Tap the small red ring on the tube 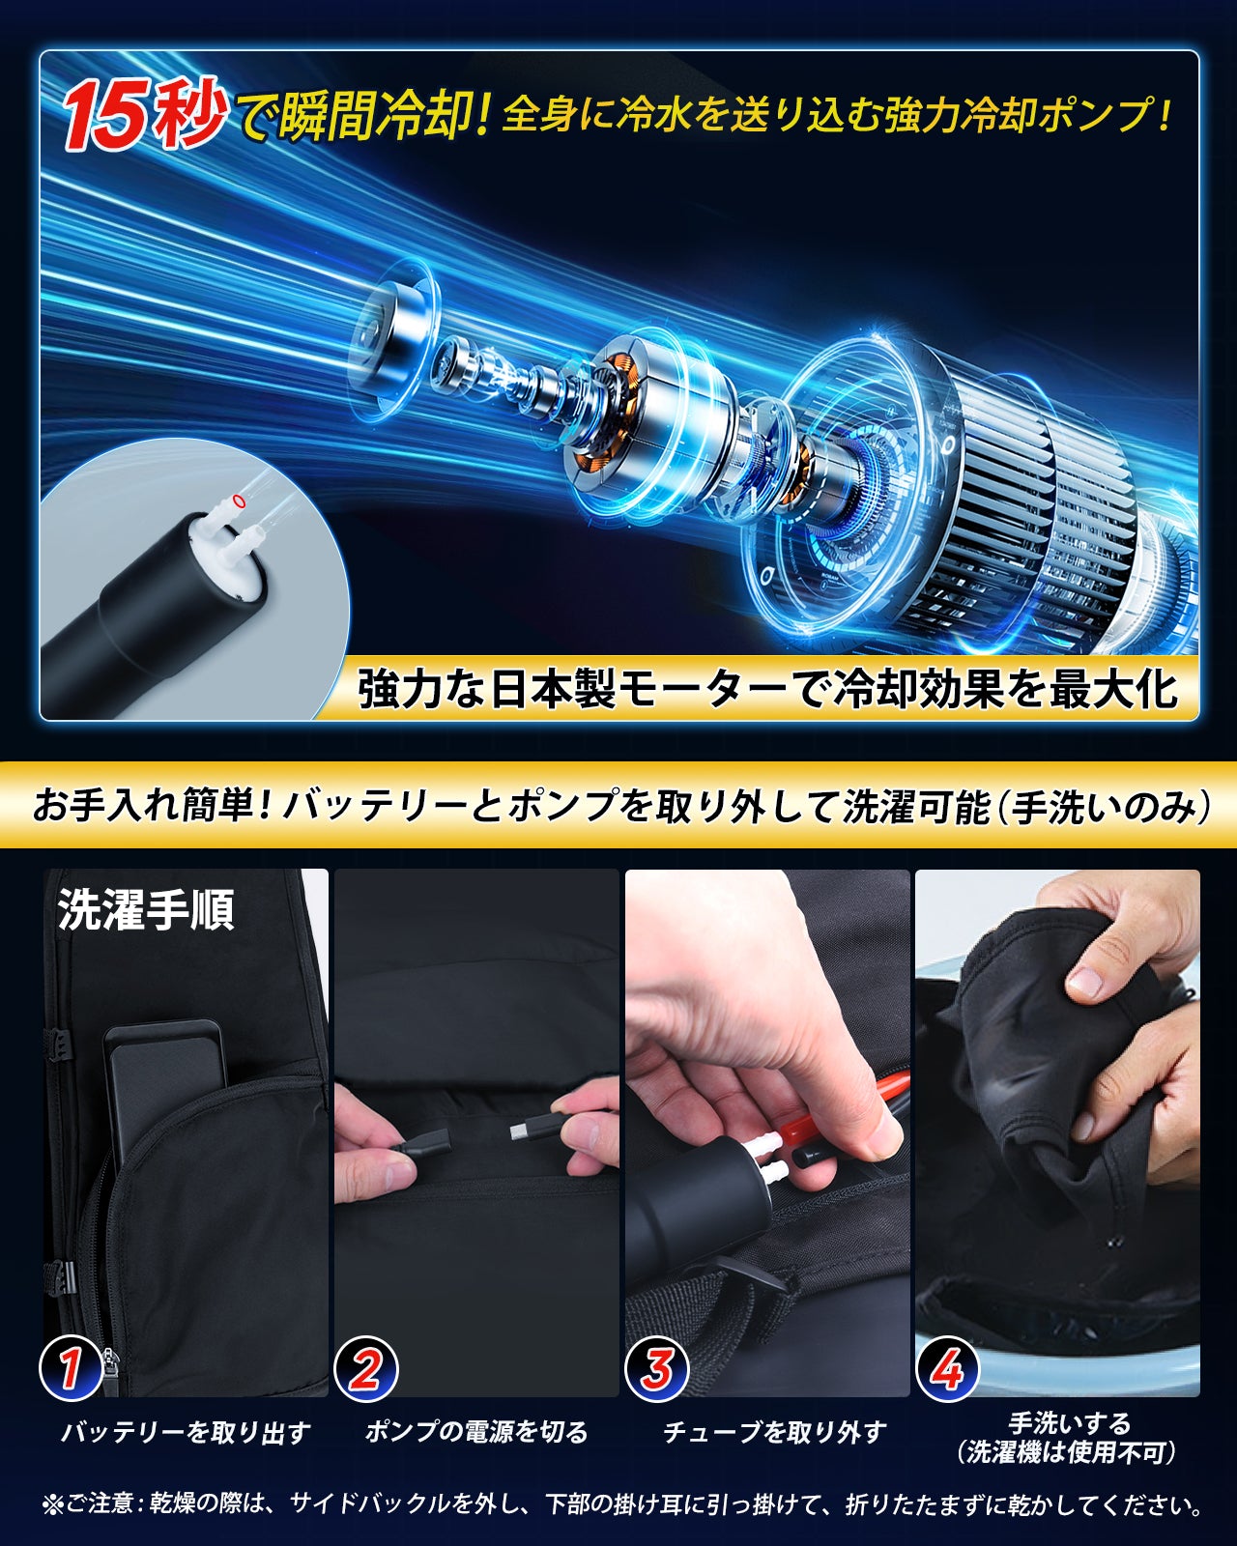(240, 501)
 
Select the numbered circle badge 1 (71, 1369)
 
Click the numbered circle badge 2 (366, 1369)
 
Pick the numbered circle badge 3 (656, 1369)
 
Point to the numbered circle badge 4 (947, 1369)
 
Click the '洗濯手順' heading (146, 910)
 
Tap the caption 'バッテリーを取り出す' (187, 1433)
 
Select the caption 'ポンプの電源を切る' (476, 1433)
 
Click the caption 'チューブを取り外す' (774, 1433)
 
